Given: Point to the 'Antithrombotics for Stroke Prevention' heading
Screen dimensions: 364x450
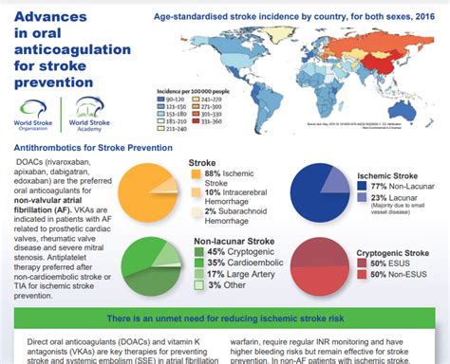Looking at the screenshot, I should tap(95, 148).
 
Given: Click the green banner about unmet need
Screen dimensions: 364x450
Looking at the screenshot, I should tap(224, 322).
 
